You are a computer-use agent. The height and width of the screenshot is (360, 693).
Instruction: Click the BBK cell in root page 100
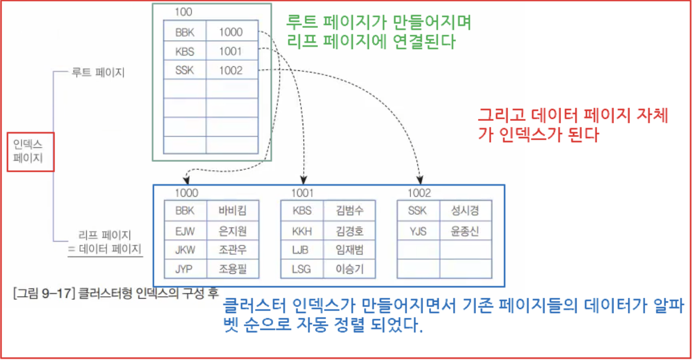[184, 32]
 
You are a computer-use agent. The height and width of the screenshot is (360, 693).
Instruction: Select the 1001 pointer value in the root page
[231, 52]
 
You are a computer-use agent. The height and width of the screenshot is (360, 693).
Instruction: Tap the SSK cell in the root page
[184, 70]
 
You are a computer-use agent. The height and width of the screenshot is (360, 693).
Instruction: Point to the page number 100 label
[183, 11]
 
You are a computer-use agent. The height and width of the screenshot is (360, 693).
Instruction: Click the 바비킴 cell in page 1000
[232, 211]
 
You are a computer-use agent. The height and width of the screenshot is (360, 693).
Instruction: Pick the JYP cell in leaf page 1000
[185, 269]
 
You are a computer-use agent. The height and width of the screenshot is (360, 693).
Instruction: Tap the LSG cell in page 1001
[302, 269]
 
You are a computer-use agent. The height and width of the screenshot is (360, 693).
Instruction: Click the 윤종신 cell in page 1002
[465, 232]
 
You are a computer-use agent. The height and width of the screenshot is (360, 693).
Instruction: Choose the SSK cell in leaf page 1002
[417, 211]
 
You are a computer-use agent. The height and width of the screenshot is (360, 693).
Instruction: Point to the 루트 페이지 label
[99, 72]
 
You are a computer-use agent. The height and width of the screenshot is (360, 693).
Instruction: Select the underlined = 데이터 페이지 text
[105, 249]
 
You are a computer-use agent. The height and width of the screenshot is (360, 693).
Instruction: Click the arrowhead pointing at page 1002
[420, 181]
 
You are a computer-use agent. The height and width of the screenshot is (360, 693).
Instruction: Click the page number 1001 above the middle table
[302, 193]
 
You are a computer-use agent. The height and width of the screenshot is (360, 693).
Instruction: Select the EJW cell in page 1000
[185, 232]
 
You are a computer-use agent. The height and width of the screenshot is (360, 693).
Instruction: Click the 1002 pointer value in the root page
[231, 70]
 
